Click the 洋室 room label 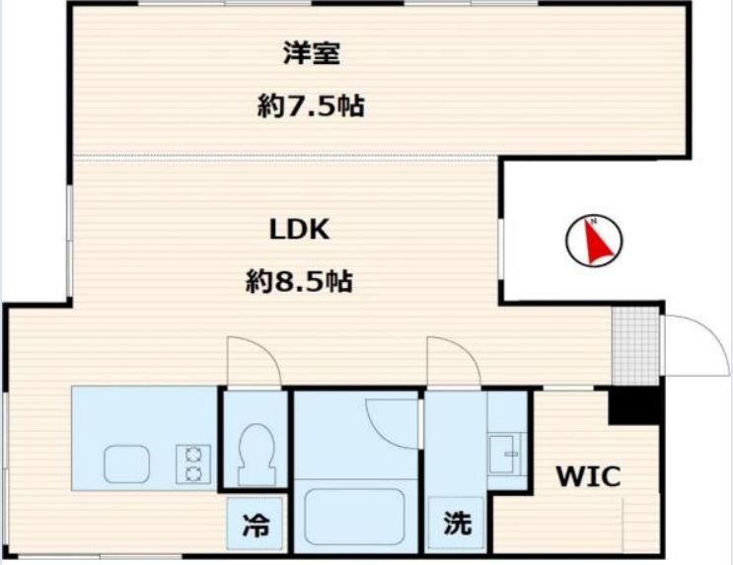tap(312, 54)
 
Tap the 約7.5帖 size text tap(311, 106)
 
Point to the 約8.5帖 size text tap(300, 282)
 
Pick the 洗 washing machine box tap(457, 525)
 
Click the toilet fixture tap(256, 450)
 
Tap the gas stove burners tap(192, 463)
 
